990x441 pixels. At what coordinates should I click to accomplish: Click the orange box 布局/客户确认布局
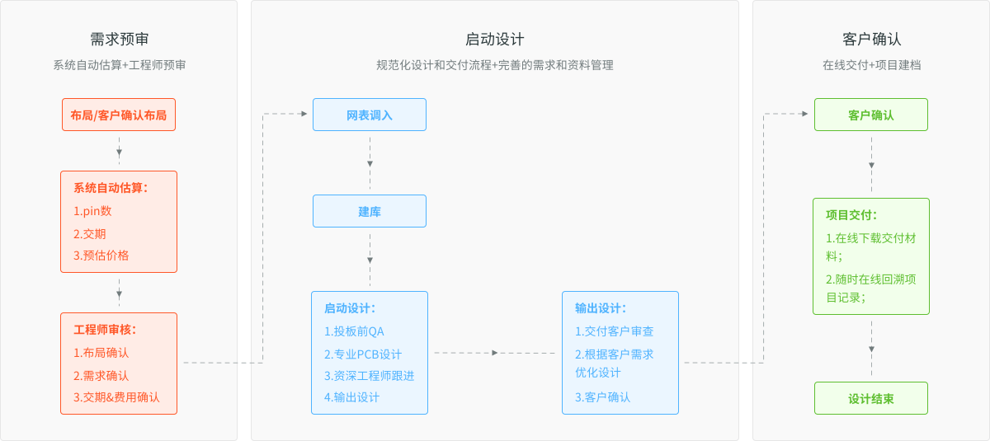tap(119, 115)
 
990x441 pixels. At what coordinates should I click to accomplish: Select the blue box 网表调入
tap(370, 115)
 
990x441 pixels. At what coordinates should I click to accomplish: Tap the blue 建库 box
tap(370, 211)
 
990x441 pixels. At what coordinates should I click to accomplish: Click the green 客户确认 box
tap(871, 115)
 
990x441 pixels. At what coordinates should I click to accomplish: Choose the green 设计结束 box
tap(871, 398)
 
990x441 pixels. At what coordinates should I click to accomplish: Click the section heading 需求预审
tap(120, 40)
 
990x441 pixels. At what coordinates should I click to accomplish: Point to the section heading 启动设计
tap(494, 40)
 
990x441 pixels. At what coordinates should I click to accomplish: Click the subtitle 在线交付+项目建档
tap(871, 65)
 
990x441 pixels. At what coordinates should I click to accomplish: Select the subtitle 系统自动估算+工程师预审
tap(120, 65)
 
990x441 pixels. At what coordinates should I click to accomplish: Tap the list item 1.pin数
tap(92, 211)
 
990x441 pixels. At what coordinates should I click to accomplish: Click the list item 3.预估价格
tap(101, 256)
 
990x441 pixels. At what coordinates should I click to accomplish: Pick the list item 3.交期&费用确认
tap(116, 397)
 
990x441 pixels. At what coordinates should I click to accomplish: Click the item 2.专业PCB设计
tap(363, 354)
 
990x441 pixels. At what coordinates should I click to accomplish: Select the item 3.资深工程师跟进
tap(369, 376)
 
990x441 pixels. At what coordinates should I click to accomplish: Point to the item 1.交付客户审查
tap(614, 331)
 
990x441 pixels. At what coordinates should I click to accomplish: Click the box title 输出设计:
tap(601, 308)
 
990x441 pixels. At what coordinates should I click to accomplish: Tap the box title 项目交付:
tap(851, 215)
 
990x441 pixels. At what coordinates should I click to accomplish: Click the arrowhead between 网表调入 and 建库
tap(370, 164)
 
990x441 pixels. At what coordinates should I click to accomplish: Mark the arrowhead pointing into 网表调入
tap(304, 114)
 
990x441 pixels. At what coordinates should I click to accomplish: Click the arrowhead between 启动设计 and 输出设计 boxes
tap(495, 353)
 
